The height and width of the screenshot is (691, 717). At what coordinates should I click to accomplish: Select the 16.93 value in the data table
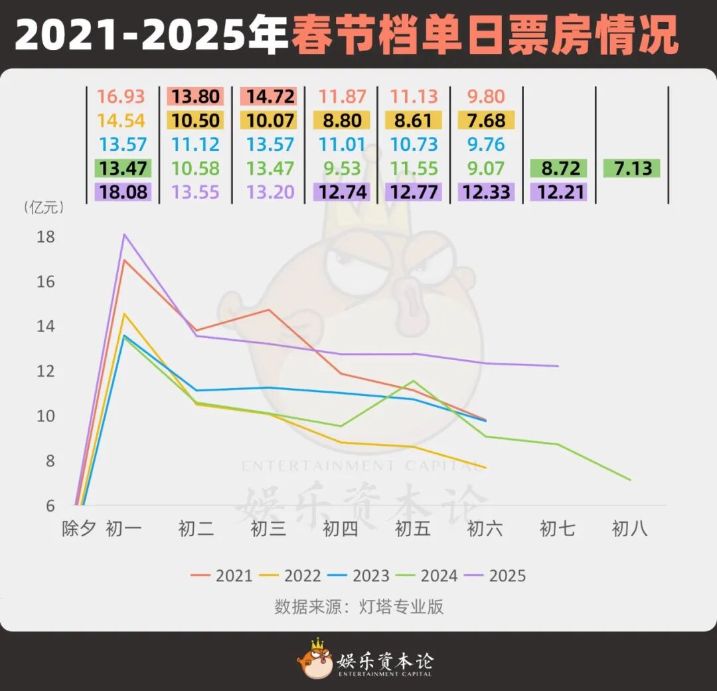(121, 96)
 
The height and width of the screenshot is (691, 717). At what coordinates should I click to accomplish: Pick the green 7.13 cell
(632, 168)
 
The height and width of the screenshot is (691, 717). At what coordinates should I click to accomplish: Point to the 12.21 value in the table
(559, 193)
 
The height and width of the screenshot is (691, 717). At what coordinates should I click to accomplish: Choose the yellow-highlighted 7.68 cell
(485, 121)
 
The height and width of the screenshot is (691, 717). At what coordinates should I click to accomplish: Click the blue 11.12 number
(195, 145)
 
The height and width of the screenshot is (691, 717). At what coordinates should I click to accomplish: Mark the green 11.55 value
(414, 168)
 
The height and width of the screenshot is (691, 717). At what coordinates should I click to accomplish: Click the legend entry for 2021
(222, 575)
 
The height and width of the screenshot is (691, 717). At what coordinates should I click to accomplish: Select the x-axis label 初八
(629, 529)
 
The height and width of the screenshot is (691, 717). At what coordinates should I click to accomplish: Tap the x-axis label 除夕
(79, 529)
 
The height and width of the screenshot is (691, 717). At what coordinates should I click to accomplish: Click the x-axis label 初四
(341, 529)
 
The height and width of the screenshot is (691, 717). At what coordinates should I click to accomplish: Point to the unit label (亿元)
(44, 207)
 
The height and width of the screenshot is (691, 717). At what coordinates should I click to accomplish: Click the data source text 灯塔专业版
(410, 607)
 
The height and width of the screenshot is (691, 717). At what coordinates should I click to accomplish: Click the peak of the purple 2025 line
(123, 234)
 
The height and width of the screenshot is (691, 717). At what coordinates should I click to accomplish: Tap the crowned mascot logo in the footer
(315, 659)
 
